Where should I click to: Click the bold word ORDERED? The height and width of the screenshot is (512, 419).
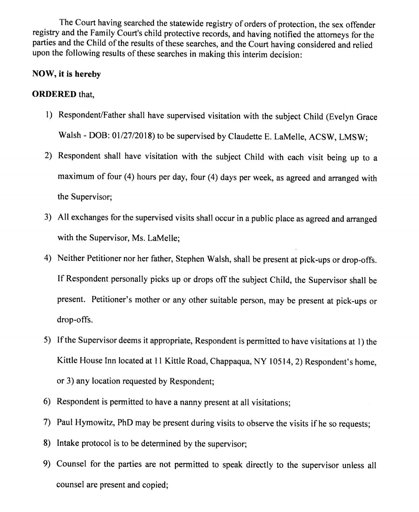coord(54,94)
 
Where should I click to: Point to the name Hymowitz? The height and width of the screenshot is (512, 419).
coord(96,423)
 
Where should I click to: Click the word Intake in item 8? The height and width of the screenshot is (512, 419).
coord(67,443)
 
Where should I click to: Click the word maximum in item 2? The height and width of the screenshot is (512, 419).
coord(75,177)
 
